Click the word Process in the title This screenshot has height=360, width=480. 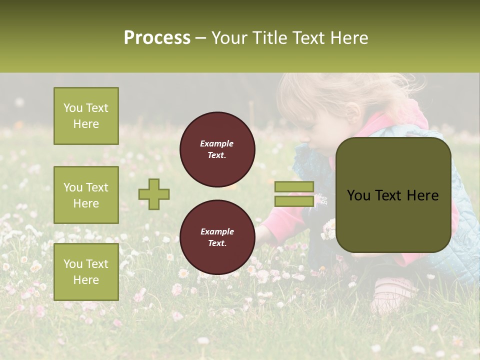click(x=157, y=38)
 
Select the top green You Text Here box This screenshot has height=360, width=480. click(x=86, y=116)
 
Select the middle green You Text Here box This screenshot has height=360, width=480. click(x=86, y=195)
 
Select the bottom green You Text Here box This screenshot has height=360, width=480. click(x=86, y=271)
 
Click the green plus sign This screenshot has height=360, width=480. click(x=154, y=194)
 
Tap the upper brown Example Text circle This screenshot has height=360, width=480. click(x=217, y=149)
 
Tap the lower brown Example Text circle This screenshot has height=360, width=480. click(x=217, y=237)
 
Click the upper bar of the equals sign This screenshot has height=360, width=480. click(x=294, y=186)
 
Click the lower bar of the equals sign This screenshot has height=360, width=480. click(x=294, y=201)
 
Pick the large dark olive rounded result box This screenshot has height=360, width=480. click(x=393, y=195)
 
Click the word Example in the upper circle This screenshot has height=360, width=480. click(x=217, y=143)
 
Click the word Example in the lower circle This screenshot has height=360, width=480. click(x=217, y=231)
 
